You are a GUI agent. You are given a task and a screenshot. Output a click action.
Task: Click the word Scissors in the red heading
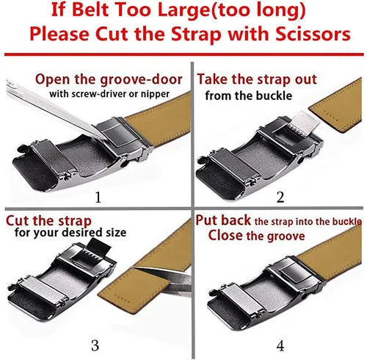(x=313, y=34)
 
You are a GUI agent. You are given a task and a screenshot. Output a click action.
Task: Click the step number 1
(x=98, y=198)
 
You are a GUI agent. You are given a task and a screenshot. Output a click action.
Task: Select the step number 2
(x=280, y=198)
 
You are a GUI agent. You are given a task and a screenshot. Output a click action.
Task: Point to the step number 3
(x=95, y=345)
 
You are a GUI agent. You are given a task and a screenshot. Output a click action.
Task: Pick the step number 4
(x=280, y=345)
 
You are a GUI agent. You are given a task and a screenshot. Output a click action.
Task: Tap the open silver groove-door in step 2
(x=303, y=123)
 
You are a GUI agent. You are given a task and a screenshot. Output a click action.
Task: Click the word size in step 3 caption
(x=116, y=232)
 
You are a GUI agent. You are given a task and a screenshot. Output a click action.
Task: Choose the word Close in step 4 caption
(x=225, y=236)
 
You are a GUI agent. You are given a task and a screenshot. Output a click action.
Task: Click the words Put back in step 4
(x=223, y=220)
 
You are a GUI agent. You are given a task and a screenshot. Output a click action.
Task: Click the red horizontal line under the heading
(x=184, y=54)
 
